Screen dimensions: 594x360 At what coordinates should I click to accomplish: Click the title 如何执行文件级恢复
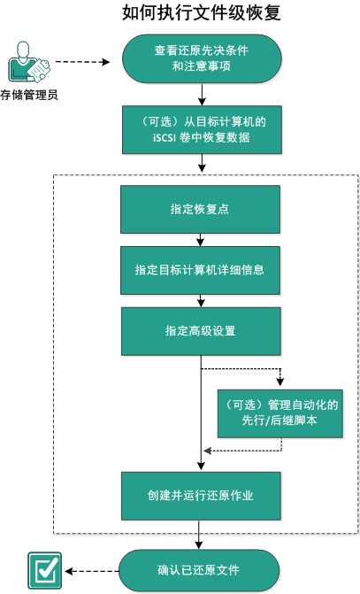[203, 13]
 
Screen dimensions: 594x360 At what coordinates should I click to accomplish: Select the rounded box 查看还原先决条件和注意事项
[203, 59]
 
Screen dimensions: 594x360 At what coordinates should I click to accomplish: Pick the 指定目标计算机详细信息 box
[203, 269]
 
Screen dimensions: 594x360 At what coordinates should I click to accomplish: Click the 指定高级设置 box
[203, 330]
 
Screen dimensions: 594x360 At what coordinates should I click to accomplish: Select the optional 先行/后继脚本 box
[280, 413]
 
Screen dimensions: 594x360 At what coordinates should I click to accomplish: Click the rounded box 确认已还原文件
[203, 568]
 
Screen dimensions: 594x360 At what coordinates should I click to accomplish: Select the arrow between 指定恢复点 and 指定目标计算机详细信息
[203, 239]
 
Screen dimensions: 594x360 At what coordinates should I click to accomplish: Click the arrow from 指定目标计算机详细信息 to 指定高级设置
[203, 300]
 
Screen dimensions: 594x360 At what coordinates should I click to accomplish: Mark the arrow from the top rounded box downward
[203, 93]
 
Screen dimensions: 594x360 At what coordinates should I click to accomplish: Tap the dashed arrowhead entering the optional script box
[280, 383]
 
